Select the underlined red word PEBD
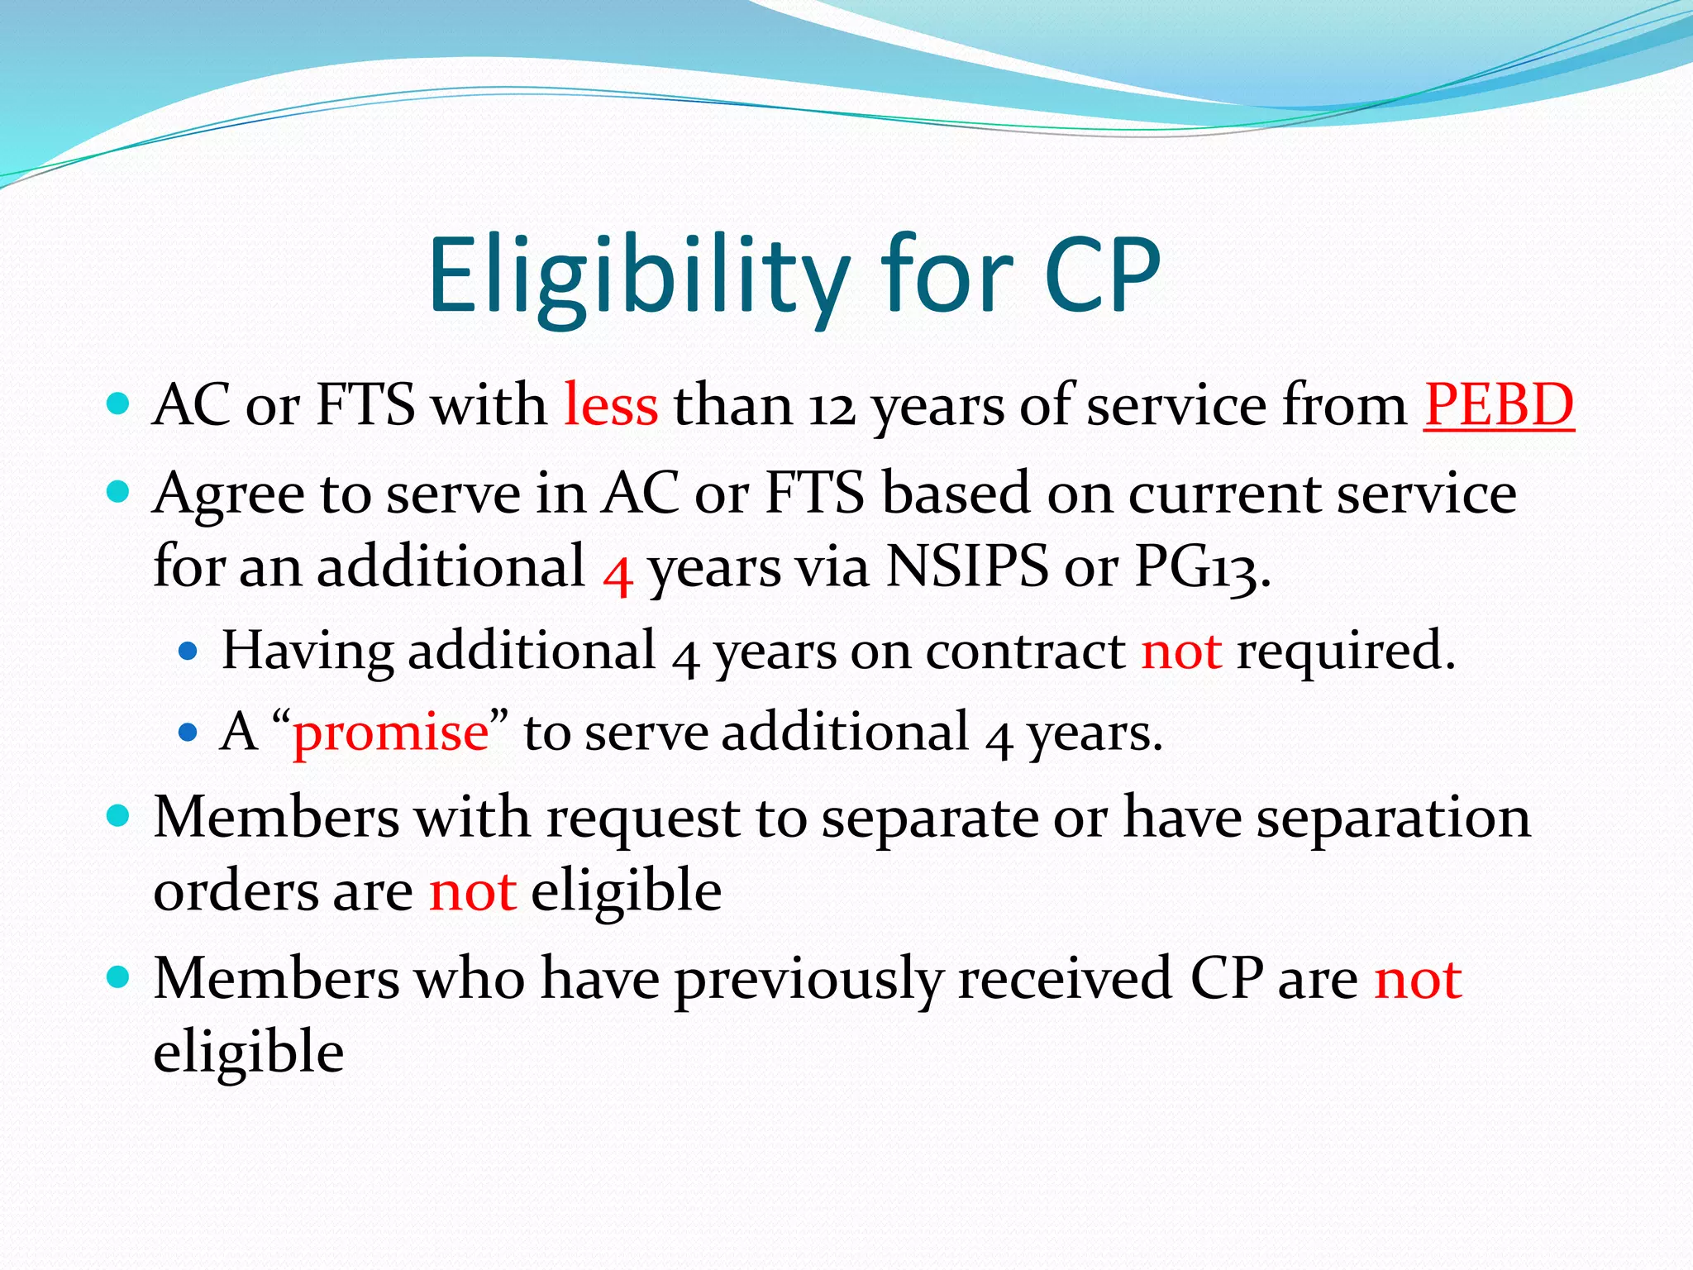pos(1498,405)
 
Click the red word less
pos(611,405)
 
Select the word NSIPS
pos(966,567)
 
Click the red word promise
pos(391,733)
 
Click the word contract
pos(1025,651)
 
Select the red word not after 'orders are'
pos(473,891)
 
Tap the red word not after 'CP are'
pos(1418,979)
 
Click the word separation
pos(1394,818)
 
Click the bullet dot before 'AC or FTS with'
pos(119,404)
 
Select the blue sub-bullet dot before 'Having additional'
pos(188,652)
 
